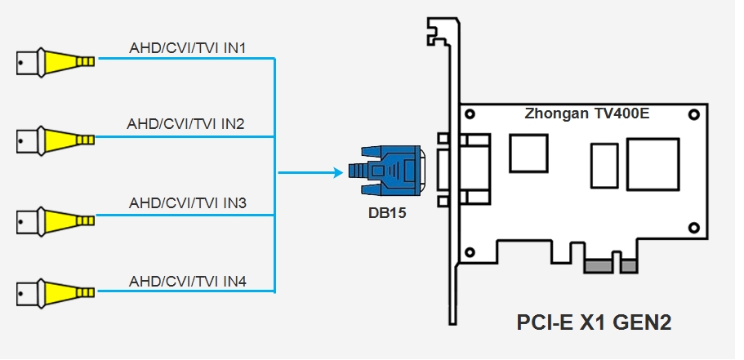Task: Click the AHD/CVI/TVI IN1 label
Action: (188, 48)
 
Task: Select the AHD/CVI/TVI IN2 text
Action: (186, 124)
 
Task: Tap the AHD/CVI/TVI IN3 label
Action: (188, 202)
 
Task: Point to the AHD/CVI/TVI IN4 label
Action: (188, 282)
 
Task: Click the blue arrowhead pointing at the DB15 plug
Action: (335, 172)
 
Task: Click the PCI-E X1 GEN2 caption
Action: (594, 322)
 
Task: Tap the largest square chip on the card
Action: (653, 166)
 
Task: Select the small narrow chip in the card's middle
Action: (605, 166)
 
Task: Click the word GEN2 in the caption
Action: (642, 322)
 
